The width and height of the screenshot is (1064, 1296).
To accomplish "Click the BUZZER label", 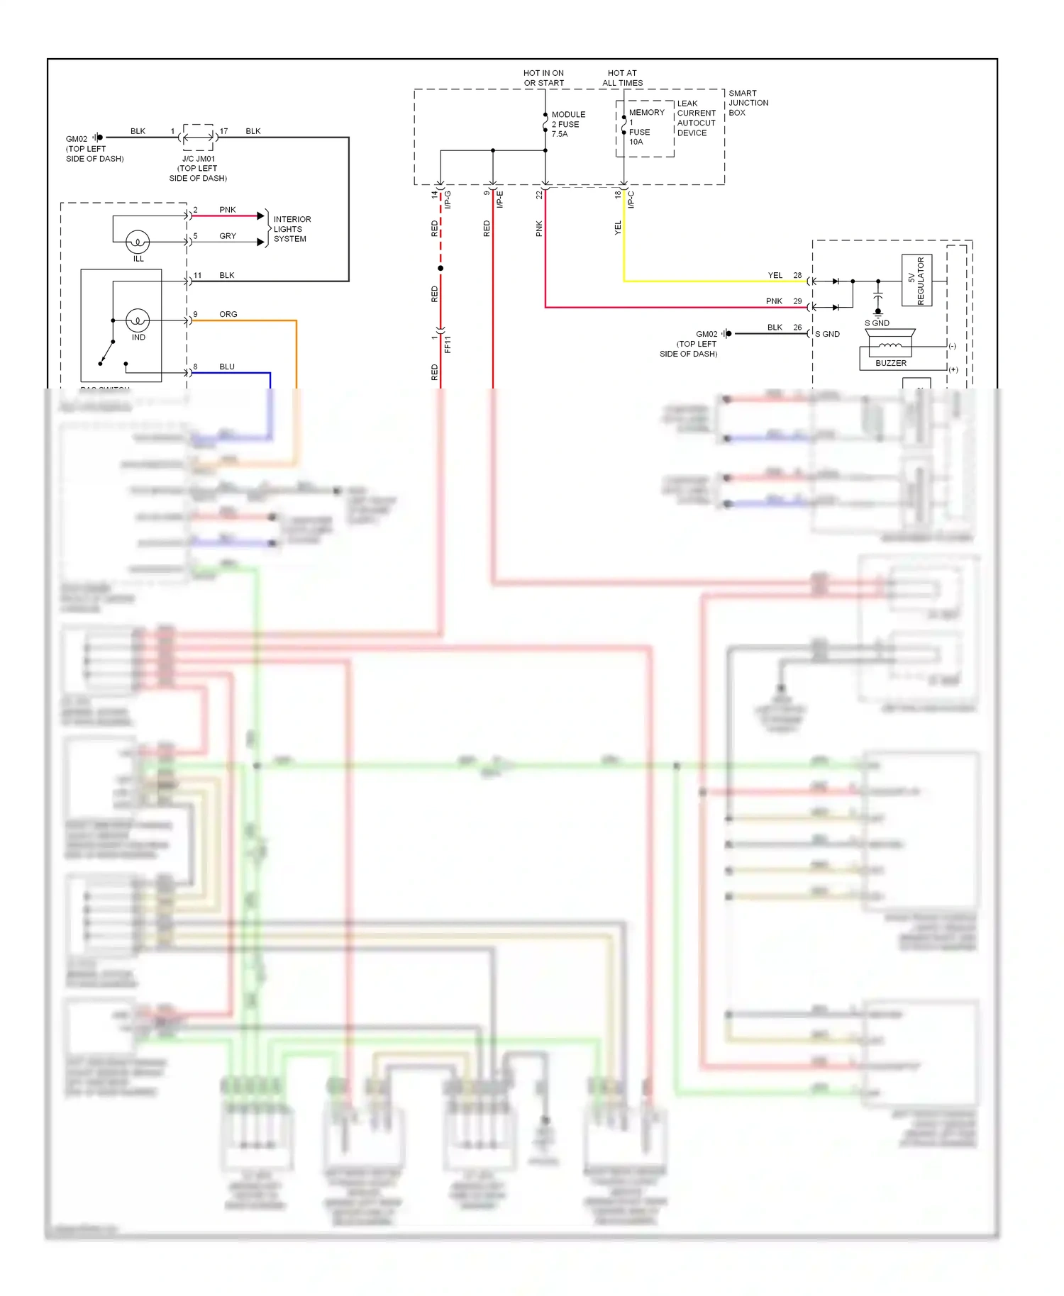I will pos(890,363).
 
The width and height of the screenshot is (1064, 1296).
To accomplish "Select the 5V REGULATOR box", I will pos(916,281).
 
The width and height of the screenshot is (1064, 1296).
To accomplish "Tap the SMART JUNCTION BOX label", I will pos(748,103).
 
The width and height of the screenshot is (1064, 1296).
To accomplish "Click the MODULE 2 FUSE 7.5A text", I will pos(568,124).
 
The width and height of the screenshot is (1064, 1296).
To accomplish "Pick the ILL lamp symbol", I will pos(138,242).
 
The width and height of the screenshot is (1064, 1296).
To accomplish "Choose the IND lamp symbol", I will pos(138,321).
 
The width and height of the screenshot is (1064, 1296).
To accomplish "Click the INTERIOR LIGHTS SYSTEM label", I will pos(292,229).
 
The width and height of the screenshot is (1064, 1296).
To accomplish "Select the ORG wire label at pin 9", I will pos(228,314).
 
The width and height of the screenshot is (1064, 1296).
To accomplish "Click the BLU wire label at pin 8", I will pos(226,367).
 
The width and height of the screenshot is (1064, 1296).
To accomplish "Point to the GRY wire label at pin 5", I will pos(227,236).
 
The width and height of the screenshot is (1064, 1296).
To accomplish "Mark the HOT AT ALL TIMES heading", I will pos(622,78).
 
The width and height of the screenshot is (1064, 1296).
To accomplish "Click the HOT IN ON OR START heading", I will pos(543,78).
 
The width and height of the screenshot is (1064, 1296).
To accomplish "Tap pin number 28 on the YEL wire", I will pos(797,275).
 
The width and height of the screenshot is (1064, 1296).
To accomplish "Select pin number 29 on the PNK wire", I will pos(797,301).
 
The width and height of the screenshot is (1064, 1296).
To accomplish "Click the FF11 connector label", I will pos(448,345).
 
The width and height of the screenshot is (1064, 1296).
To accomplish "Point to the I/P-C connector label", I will pos(631,200).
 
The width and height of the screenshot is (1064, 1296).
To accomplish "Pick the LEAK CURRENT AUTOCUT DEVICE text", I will pos(696,118).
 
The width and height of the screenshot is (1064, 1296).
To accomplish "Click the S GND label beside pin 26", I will pos(827,334).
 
